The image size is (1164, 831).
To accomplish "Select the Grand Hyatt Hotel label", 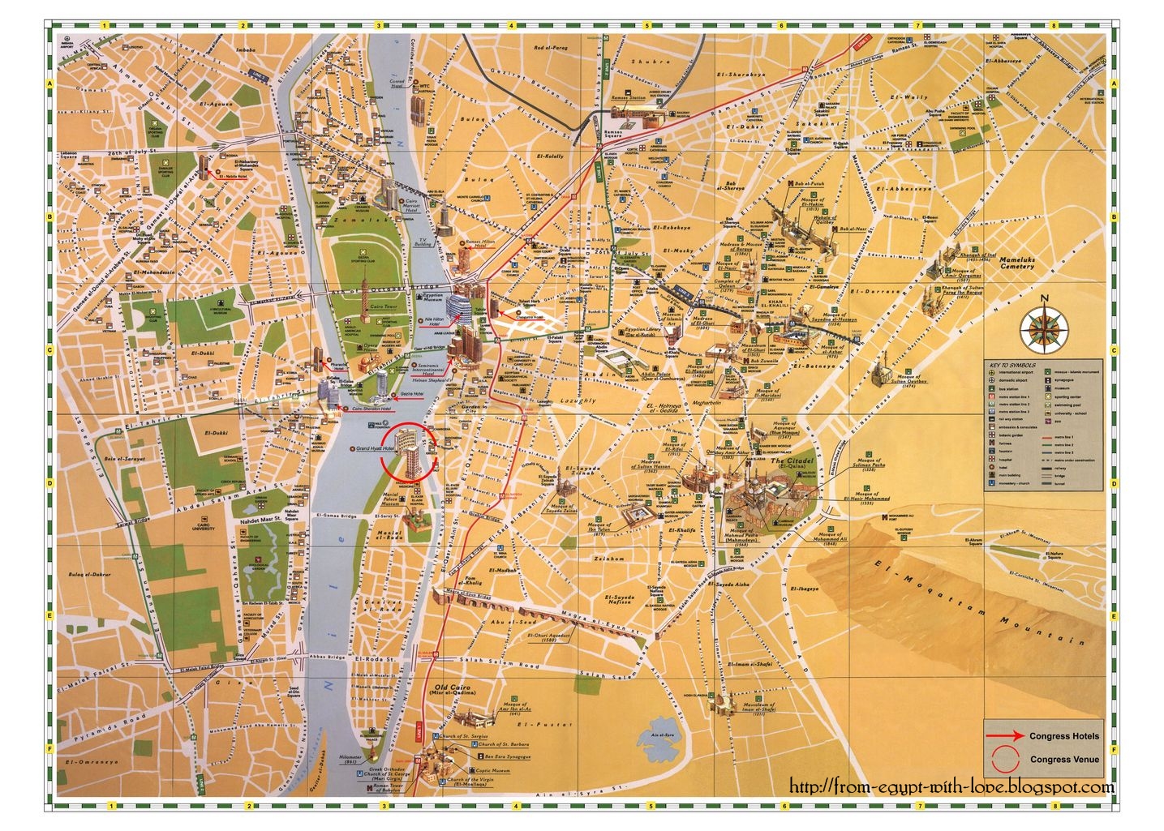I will pyautogui.click(x=375, y=448).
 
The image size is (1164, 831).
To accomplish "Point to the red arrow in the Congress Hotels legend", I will pyautogui.click(x=1007, y=736).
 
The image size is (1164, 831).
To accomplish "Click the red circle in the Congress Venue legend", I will pyautogui.click(x=1005, y=760).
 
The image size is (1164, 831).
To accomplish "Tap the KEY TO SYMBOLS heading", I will pyautogui.click(x=1005, y=365).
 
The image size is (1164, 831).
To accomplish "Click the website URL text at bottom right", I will pyautogui.click(x=951, y=786).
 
